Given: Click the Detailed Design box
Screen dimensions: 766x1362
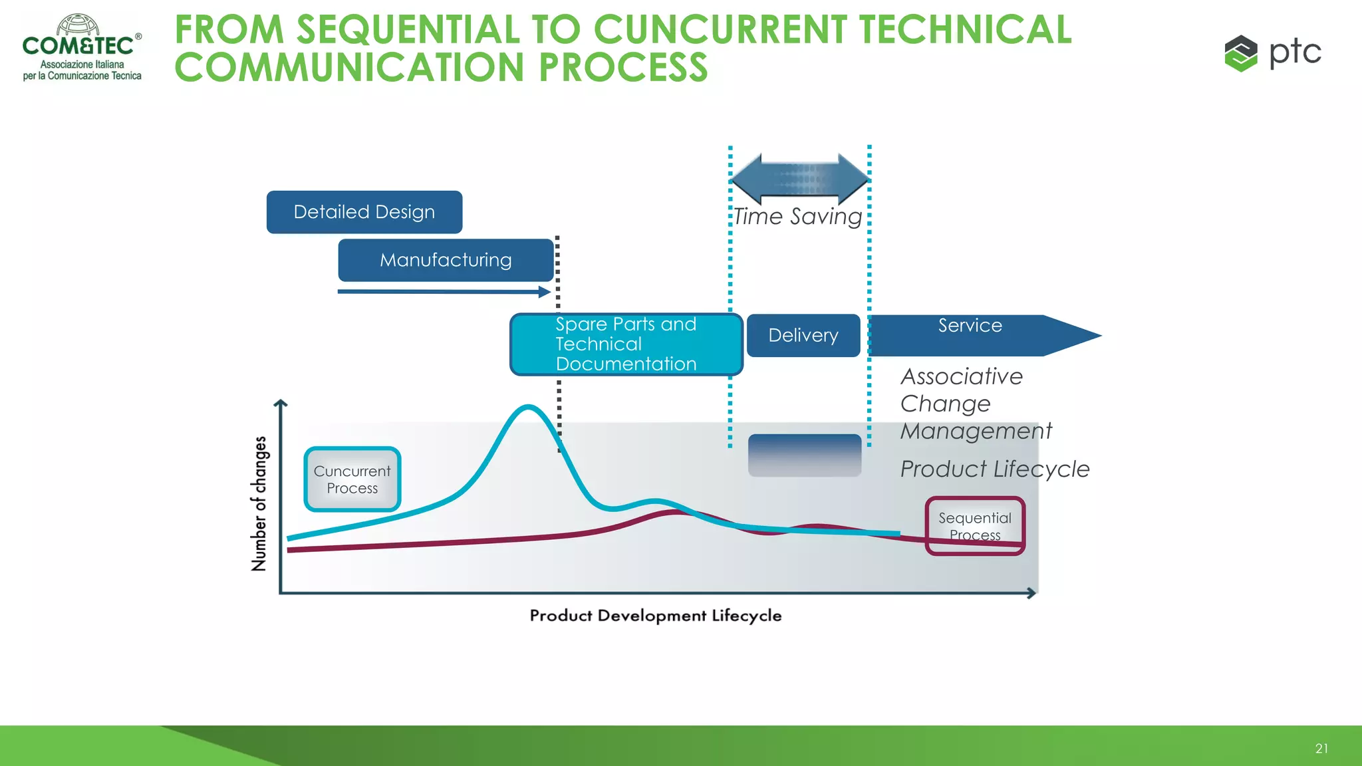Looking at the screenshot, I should [x=364, y=212].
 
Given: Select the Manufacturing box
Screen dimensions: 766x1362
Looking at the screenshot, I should [x=446, y=260].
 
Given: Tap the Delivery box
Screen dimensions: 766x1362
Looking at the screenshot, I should [x=803, y=335].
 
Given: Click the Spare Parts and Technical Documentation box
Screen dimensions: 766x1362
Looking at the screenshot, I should [x=626, y=344].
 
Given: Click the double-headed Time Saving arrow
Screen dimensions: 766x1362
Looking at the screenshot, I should [x=800, y=179].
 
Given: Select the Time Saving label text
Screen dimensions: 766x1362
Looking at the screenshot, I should [x=798, y=217].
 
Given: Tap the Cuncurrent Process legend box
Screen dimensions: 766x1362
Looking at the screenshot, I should [x=352, y=479].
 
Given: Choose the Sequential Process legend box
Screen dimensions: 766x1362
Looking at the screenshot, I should [x=975, y=526].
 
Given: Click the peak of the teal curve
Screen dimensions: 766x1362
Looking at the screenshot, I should [x=528, y=406].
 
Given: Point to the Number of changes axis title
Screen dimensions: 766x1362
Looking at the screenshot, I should [x=259, y=503].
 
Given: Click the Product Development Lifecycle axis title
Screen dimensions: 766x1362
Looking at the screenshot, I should [x=656, y=616].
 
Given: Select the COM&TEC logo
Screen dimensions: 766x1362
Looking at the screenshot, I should [x=82, y=47].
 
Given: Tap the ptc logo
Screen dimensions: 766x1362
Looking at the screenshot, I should [x=1273, y=53].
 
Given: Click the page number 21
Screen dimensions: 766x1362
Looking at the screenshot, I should [x=1321, y=749].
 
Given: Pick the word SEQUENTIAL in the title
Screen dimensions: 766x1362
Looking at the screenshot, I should [x=408, y=30].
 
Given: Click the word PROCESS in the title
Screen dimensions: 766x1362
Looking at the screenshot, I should [x=623, y=67].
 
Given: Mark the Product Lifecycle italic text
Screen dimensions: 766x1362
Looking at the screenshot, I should [x=995, y=469].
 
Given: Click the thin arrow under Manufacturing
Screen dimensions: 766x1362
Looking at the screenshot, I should [x=444, y=291].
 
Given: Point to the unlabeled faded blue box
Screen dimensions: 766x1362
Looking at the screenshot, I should [x=805, y=455].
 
